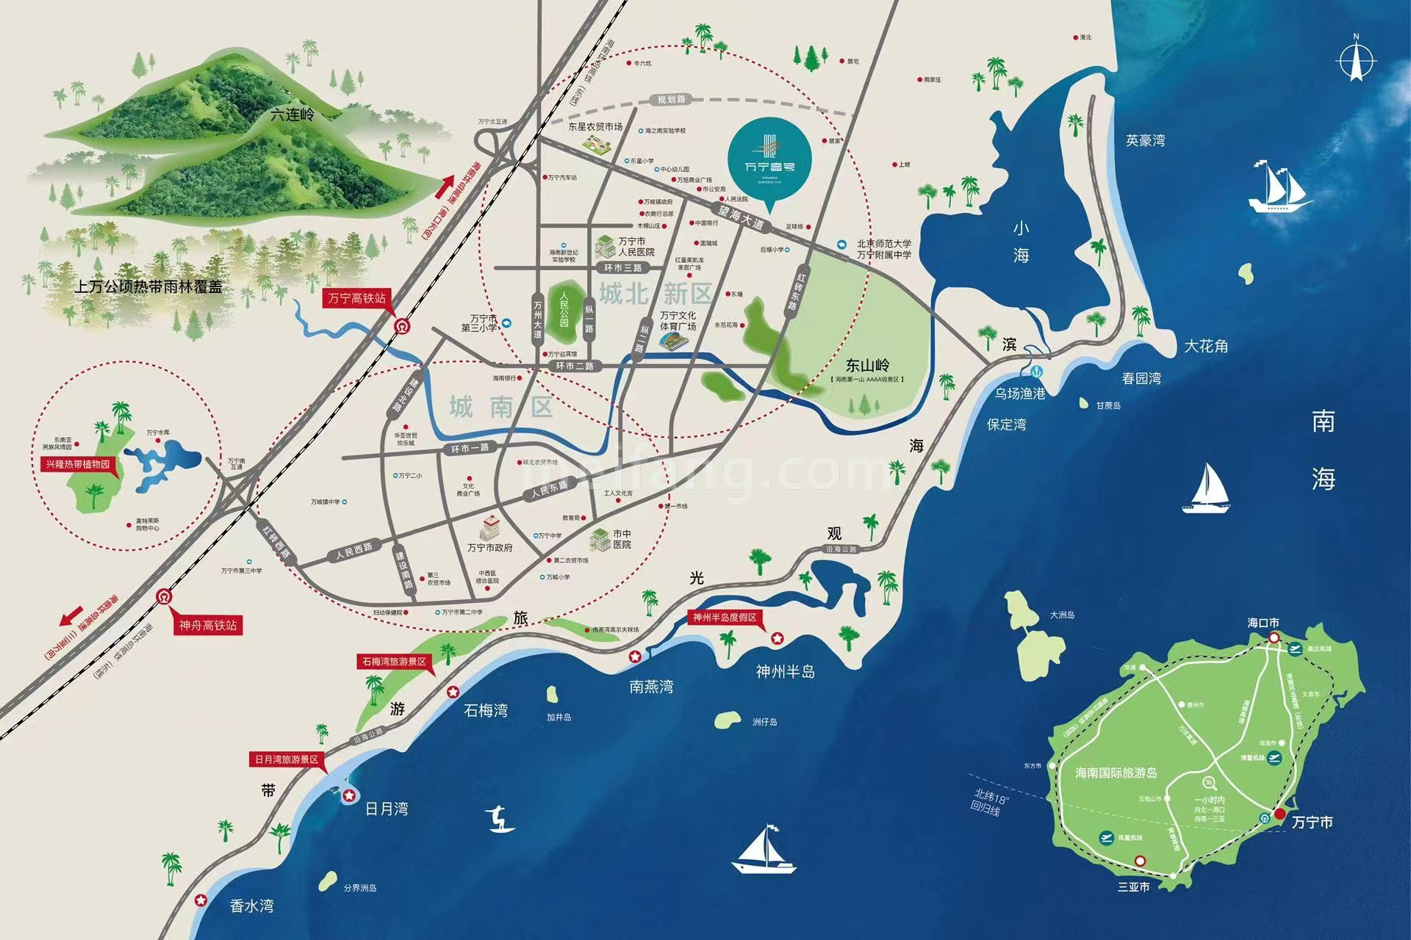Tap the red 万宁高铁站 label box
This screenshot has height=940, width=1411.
click(356, 298)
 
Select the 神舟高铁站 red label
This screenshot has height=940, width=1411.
click(208, 626)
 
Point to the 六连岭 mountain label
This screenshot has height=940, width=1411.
click(292, 115)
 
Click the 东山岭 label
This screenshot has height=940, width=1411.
click(867, 365)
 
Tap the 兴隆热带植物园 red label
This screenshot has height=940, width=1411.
click(74, 464)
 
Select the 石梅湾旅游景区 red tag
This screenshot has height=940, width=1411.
click(393, 662)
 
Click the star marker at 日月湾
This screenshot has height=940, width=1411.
click(349, 795)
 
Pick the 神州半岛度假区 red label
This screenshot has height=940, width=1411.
click(725, 618)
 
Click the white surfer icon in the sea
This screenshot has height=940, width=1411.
click(500, 819)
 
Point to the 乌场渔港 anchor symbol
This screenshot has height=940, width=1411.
click(1037, 372)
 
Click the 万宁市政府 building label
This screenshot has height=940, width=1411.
click(489, 548)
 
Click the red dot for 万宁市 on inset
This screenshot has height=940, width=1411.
click(1280, 814)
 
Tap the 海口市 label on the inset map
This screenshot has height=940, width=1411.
click(1263, 623)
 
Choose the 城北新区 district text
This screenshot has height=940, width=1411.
click(656, 294)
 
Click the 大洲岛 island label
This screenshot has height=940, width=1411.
click(1062, 615)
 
